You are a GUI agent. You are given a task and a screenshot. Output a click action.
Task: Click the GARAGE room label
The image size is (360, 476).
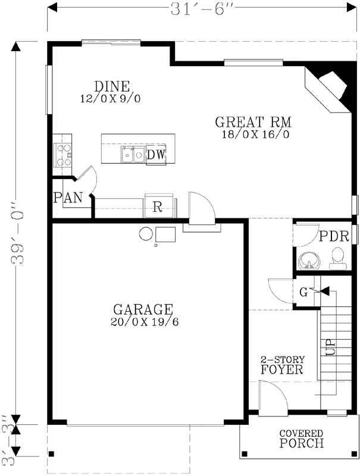143,309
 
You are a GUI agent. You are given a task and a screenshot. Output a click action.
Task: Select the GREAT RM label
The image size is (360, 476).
253,123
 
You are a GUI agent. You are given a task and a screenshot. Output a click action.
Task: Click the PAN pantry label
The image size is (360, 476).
67,198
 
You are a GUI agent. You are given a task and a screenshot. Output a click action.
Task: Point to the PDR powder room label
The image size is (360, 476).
330,236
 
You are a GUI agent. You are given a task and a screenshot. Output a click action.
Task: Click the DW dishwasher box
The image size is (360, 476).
156,155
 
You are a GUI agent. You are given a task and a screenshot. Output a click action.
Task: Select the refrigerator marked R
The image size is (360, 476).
158,207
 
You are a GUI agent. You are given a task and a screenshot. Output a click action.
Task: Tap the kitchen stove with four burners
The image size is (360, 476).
62,154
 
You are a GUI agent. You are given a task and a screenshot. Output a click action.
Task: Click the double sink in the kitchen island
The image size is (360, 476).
133,155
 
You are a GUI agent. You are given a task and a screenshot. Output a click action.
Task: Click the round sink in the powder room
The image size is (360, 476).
308,260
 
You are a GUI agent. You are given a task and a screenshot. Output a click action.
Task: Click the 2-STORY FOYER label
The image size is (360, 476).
282,365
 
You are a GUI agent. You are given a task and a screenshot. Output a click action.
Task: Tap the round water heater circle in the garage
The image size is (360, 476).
146,233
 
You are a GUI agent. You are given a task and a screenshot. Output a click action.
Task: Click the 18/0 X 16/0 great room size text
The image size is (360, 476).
253,134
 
